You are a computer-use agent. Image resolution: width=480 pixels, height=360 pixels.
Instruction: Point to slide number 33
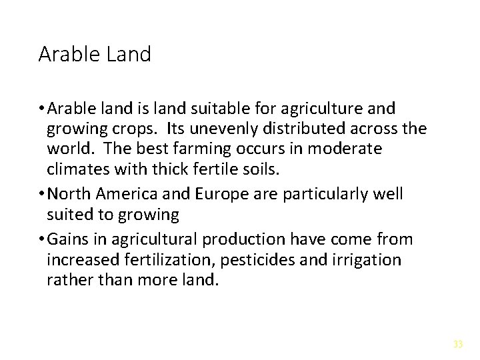coord(458,344)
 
